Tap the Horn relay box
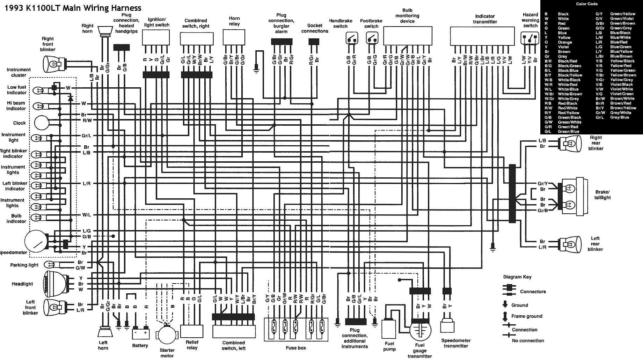[234, 37]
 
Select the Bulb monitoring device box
[407, 36]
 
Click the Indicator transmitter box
[482, 36]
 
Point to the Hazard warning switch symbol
[530, 38]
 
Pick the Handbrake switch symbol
[352, 38]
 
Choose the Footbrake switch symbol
[372, 38]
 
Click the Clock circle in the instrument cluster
[42, 123]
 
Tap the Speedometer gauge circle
[36, 241]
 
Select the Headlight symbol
[56, 284]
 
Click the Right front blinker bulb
[52, 64]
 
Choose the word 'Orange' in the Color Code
[565, 42]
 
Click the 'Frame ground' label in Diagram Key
[527, 316]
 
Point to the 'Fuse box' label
[296, 348]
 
